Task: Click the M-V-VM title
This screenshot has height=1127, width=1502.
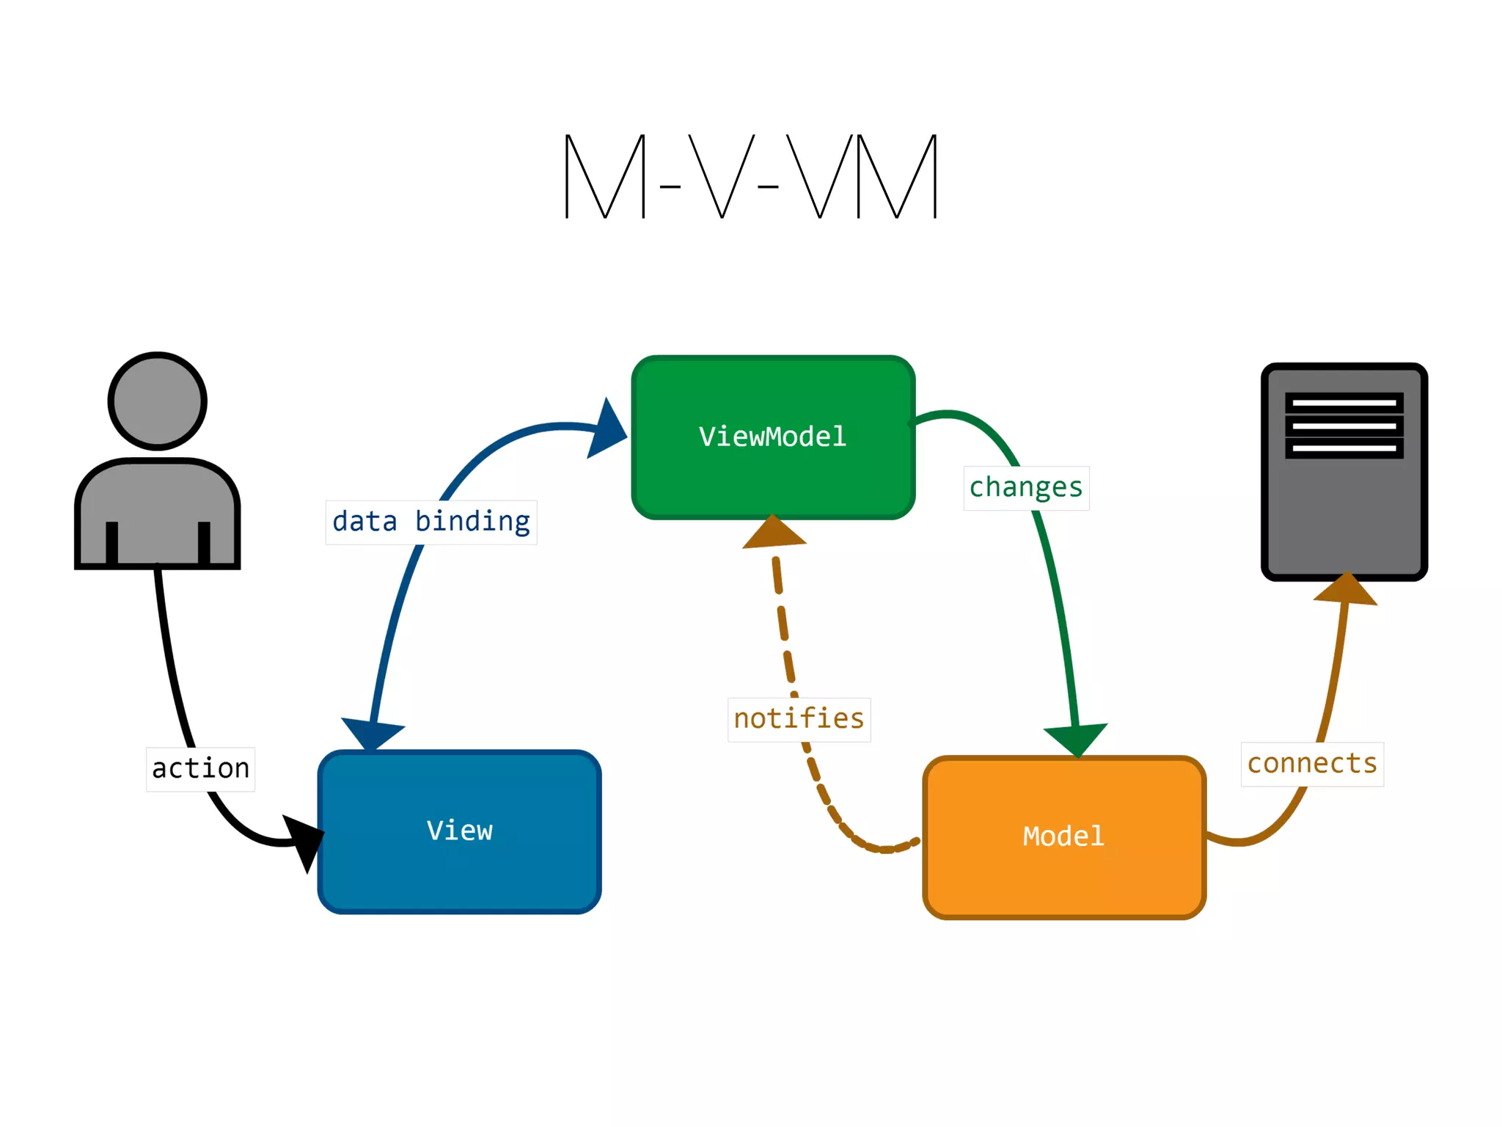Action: pyautogui.click(x=751, y=176)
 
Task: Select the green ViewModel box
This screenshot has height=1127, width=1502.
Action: pyautogui.click(x=773, y=437)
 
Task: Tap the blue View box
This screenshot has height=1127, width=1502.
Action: pyautogui.click(x=460, y=831)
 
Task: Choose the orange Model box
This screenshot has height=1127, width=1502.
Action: pyautogui.click(x=1064, y=837)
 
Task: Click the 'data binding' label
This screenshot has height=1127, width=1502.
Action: pyautogui.click(x=431, y=522)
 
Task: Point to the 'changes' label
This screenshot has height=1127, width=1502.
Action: pyautogui.click(x=1026, y=488)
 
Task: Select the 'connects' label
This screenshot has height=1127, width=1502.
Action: pyautogui.click(x=1312, y=765)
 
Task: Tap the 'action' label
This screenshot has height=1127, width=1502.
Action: pyautogui.click(x=200, y=769)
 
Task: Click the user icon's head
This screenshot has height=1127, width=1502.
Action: pyautogui.click(x=158, y=401)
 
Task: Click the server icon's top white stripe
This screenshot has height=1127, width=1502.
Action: pyautogui.click(x=1344, y=403)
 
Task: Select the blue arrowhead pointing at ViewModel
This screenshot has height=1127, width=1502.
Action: pyautogui.click(x=607, y=429)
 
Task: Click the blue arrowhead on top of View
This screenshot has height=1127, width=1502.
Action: pyautogui.click(x=373, y=735)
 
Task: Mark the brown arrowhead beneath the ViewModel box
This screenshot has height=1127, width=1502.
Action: pyautogui.click(x=774, y=531)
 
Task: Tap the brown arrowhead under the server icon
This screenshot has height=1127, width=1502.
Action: pyautogui.click(x=1346, y=588)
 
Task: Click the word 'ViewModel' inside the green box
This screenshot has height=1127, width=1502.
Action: pyautogui.click(x=773, y=437)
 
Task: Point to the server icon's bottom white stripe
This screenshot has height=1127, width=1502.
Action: pyautogui.click(x=1344, y=448)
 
